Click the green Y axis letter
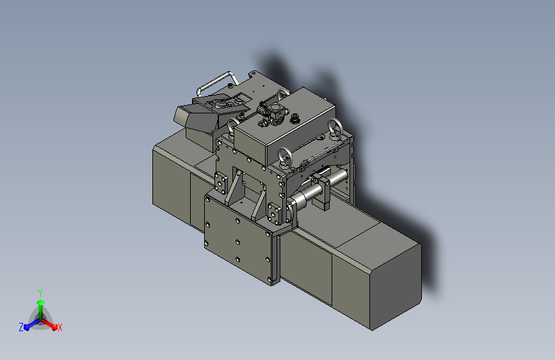tap(40, 291)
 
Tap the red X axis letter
tap(60, 327)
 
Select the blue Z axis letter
tap(21, 327)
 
